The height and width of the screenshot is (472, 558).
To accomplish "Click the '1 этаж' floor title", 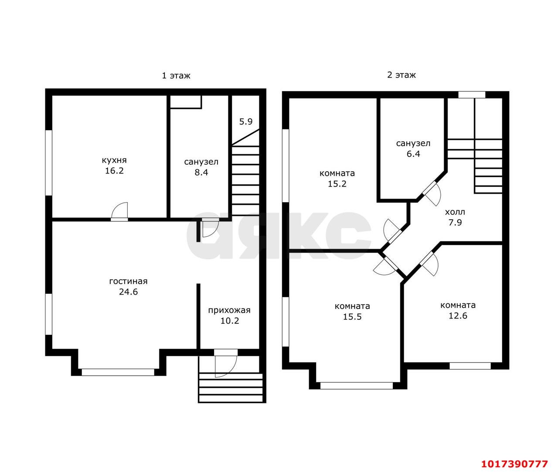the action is pos(176,75).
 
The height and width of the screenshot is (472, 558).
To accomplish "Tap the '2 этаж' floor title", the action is pos(401,75).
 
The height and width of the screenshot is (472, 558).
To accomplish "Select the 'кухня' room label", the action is pos(114,160).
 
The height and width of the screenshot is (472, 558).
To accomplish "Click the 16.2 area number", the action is pos(114,171).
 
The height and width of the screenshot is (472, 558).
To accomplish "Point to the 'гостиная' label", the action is pos(129,282).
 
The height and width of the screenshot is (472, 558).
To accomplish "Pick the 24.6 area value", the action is pos(129,292).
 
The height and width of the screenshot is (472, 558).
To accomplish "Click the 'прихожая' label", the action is pos(229,311).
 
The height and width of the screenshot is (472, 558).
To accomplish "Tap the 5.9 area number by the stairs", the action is pos(246,122).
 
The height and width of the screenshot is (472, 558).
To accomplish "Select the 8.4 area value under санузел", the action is pos(201,173).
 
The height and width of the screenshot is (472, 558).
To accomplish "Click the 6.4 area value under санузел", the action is pos(413,154).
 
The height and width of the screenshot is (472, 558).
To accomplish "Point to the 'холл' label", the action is pos(455,212).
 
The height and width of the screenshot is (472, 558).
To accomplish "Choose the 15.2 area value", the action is pos(337,184).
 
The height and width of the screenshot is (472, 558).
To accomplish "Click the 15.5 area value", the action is pos(352,317).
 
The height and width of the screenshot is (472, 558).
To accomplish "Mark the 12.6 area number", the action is pos(458,316).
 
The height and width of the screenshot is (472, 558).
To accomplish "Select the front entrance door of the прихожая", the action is pos(226,363).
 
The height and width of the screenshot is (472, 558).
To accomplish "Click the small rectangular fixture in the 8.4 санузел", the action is pos(186,102).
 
